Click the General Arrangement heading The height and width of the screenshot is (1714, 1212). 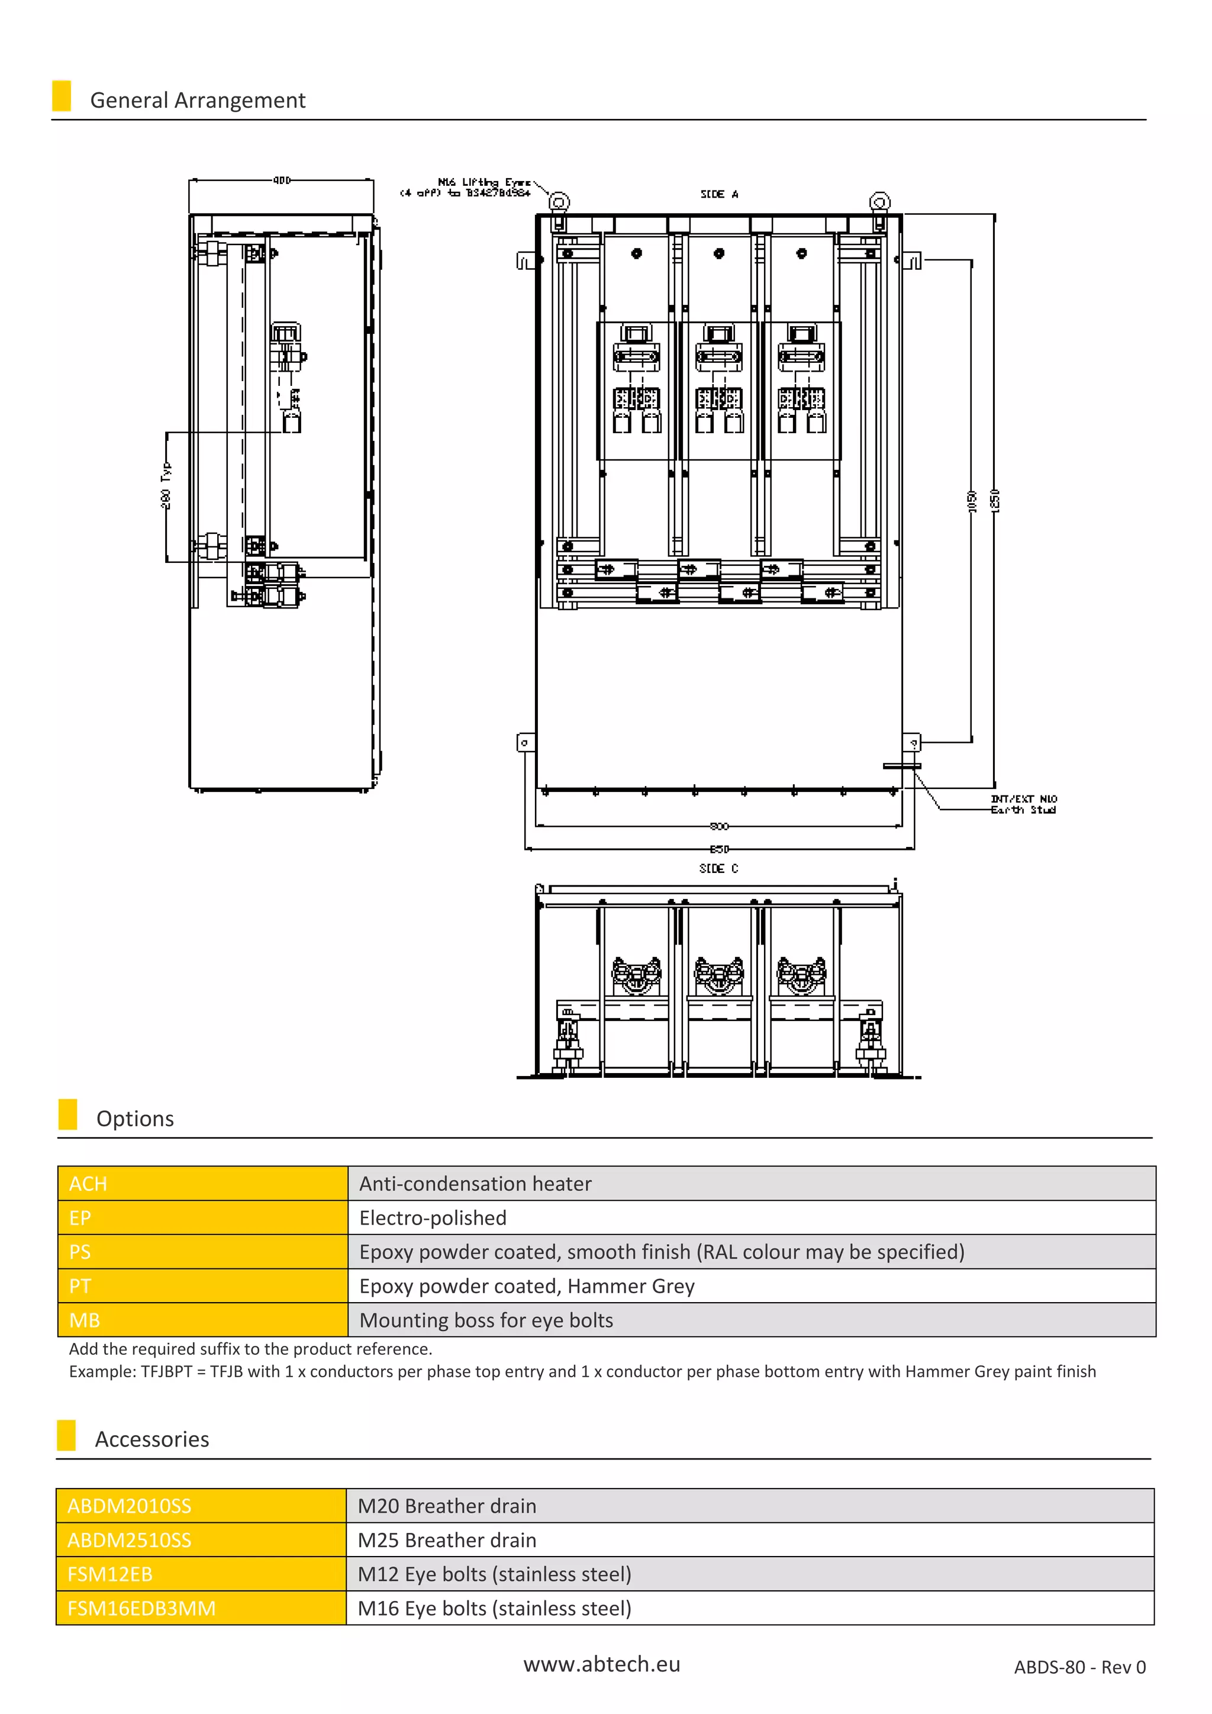tap(197, 100)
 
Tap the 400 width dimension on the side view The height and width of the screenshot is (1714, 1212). tap(281, 180)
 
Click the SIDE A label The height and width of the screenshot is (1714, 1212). tap(718, 194)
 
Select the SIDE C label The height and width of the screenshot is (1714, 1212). tap(718, 868)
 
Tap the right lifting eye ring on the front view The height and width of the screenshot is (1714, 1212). tap(880, 202)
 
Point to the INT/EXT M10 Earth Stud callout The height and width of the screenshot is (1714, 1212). tap(1023, 804)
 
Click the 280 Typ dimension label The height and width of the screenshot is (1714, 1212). tap(166, 485)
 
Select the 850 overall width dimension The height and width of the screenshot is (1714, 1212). tap(718, 849)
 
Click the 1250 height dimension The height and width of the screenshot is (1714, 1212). tap(994, 500)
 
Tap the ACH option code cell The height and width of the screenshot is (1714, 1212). tap(202, 1183)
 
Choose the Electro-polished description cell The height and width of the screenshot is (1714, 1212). tap(751, 1217)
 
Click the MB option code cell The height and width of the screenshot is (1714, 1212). tap(202, 1320)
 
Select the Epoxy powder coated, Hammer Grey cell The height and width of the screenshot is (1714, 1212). tap(751, 1285)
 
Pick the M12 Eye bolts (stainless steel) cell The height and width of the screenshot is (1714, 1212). tap(749, 1574)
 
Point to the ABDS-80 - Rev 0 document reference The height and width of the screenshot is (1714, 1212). tap(1079, 1668)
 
